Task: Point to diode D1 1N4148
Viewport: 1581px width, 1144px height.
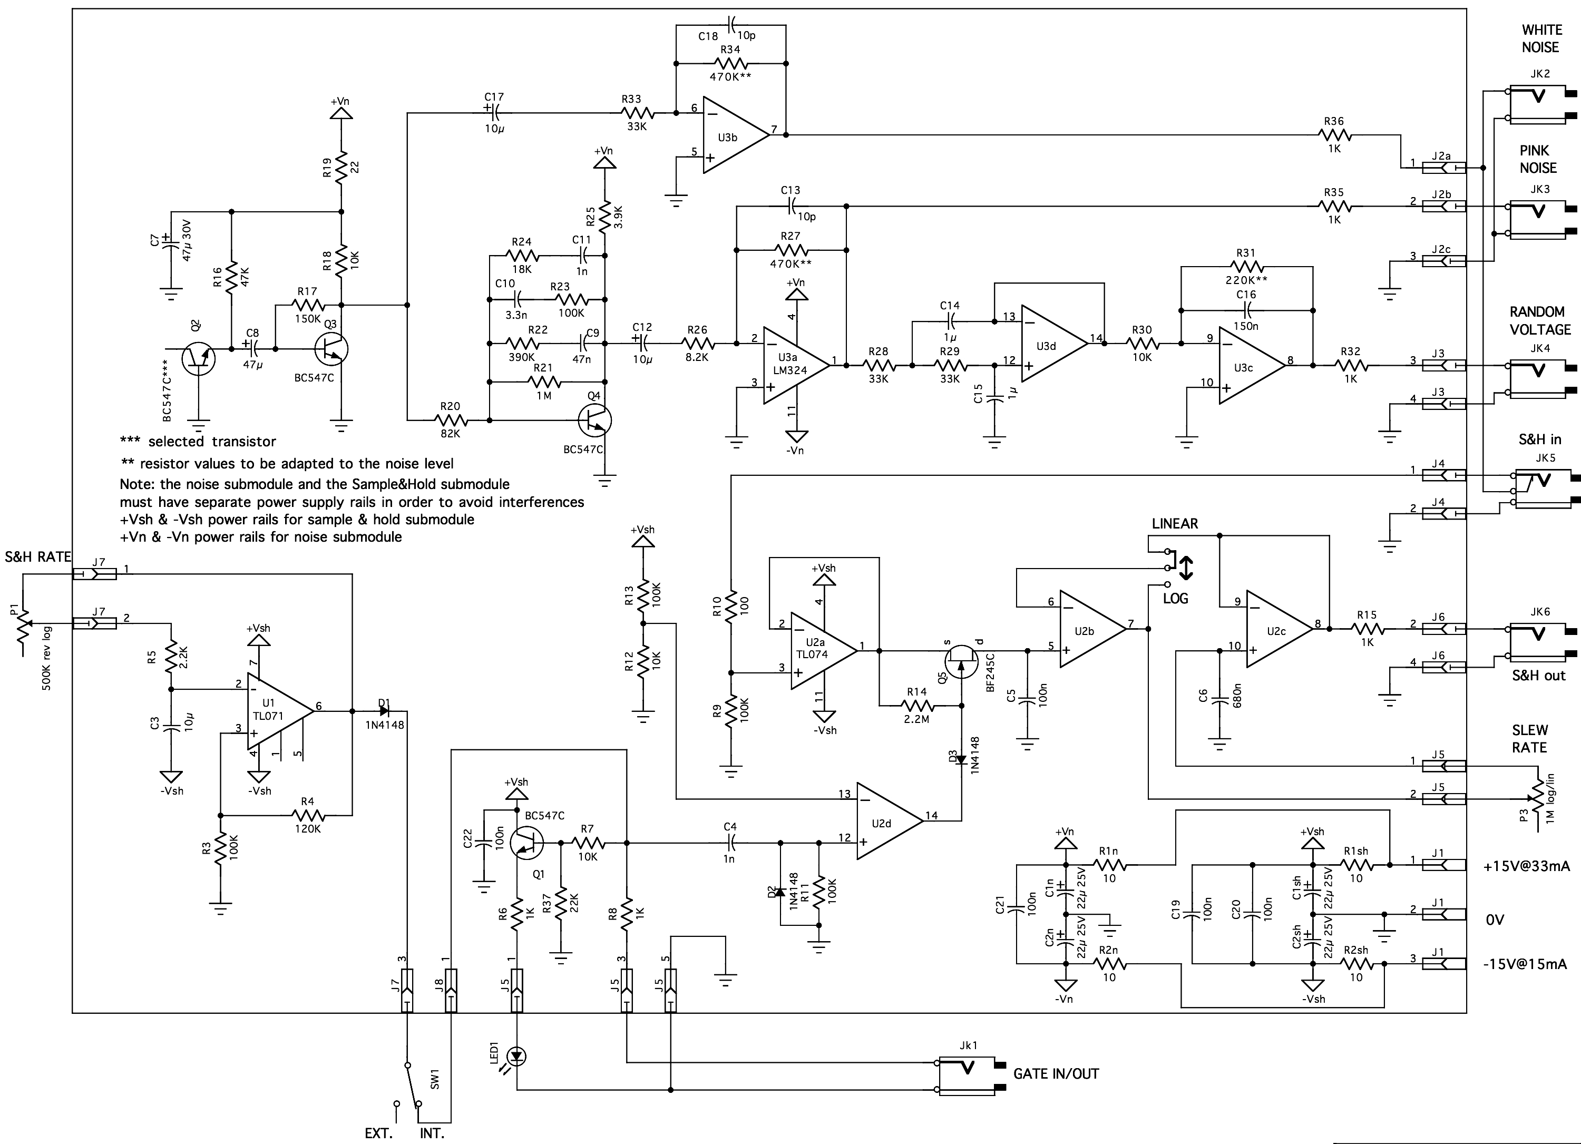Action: (384, 711)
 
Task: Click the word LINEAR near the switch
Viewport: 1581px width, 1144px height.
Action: (1175, 524)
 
